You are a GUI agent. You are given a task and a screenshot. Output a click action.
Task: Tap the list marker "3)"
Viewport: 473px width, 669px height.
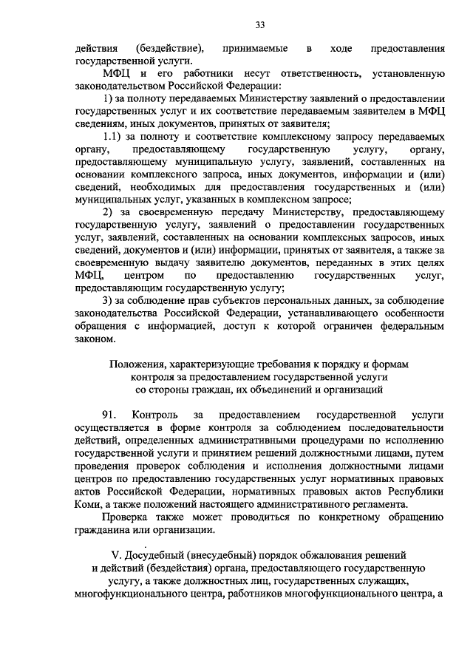108,301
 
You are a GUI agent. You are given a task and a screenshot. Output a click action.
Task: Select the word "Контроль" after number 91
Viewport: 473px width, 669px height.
152,415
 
